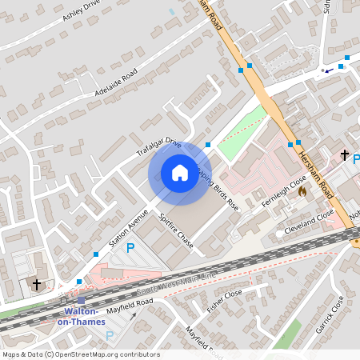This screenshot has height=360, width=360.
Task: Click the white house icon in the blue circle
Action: point(180,173)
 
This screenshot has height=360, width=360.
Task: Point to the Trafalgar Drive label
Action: point(158,150)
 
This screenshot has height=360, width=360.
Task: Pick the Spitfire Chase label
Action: point(175,230)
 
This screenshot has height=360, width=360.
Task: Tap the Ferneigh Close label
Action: point(286,193)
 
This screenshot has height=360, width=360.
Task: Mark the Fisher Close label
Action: point(224,302)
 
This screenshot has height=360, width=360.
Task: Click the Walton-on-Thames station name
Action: point(81,315)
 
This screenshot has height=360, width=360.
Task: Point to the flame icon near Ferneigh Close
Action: point(302,191)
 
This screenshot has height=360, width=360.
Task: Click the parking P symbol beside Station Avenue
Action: point(131,249)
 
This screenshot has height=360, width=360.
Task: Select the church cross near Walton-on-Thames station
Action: point(36,284)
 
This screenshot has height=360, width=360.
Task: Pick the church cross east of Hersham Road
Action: point(345,154)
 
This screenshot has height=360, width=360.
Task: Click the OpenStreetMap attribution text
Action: point(81,354)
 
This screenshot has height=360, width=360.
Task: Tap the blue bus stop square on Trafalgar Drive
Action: point(208,145)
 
